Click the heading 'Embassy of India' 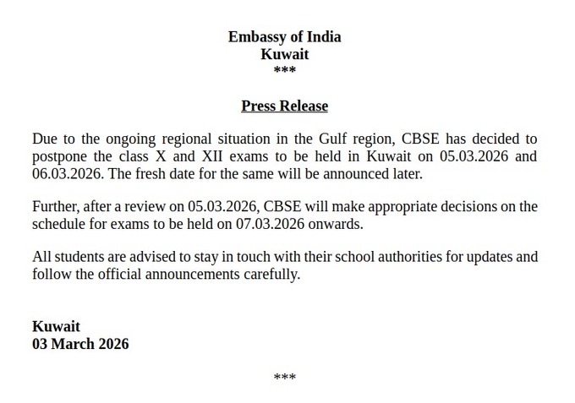tap(284, 36)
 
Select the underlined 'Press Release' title tap(284, 106)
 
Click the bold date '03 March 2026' tap(80, 344)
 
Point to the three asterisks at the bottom tap(285, 378)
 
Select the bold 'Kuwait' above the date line tap(56, 326)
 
